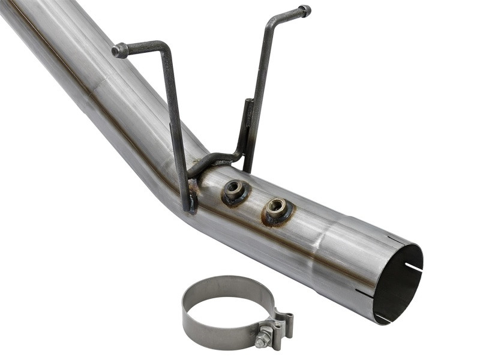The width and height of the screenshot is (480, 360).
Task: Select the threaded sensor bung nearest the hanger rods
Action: [233, 191]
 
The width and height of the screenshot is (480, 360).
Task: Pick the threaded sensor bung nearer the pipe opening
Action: [277, 208]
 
